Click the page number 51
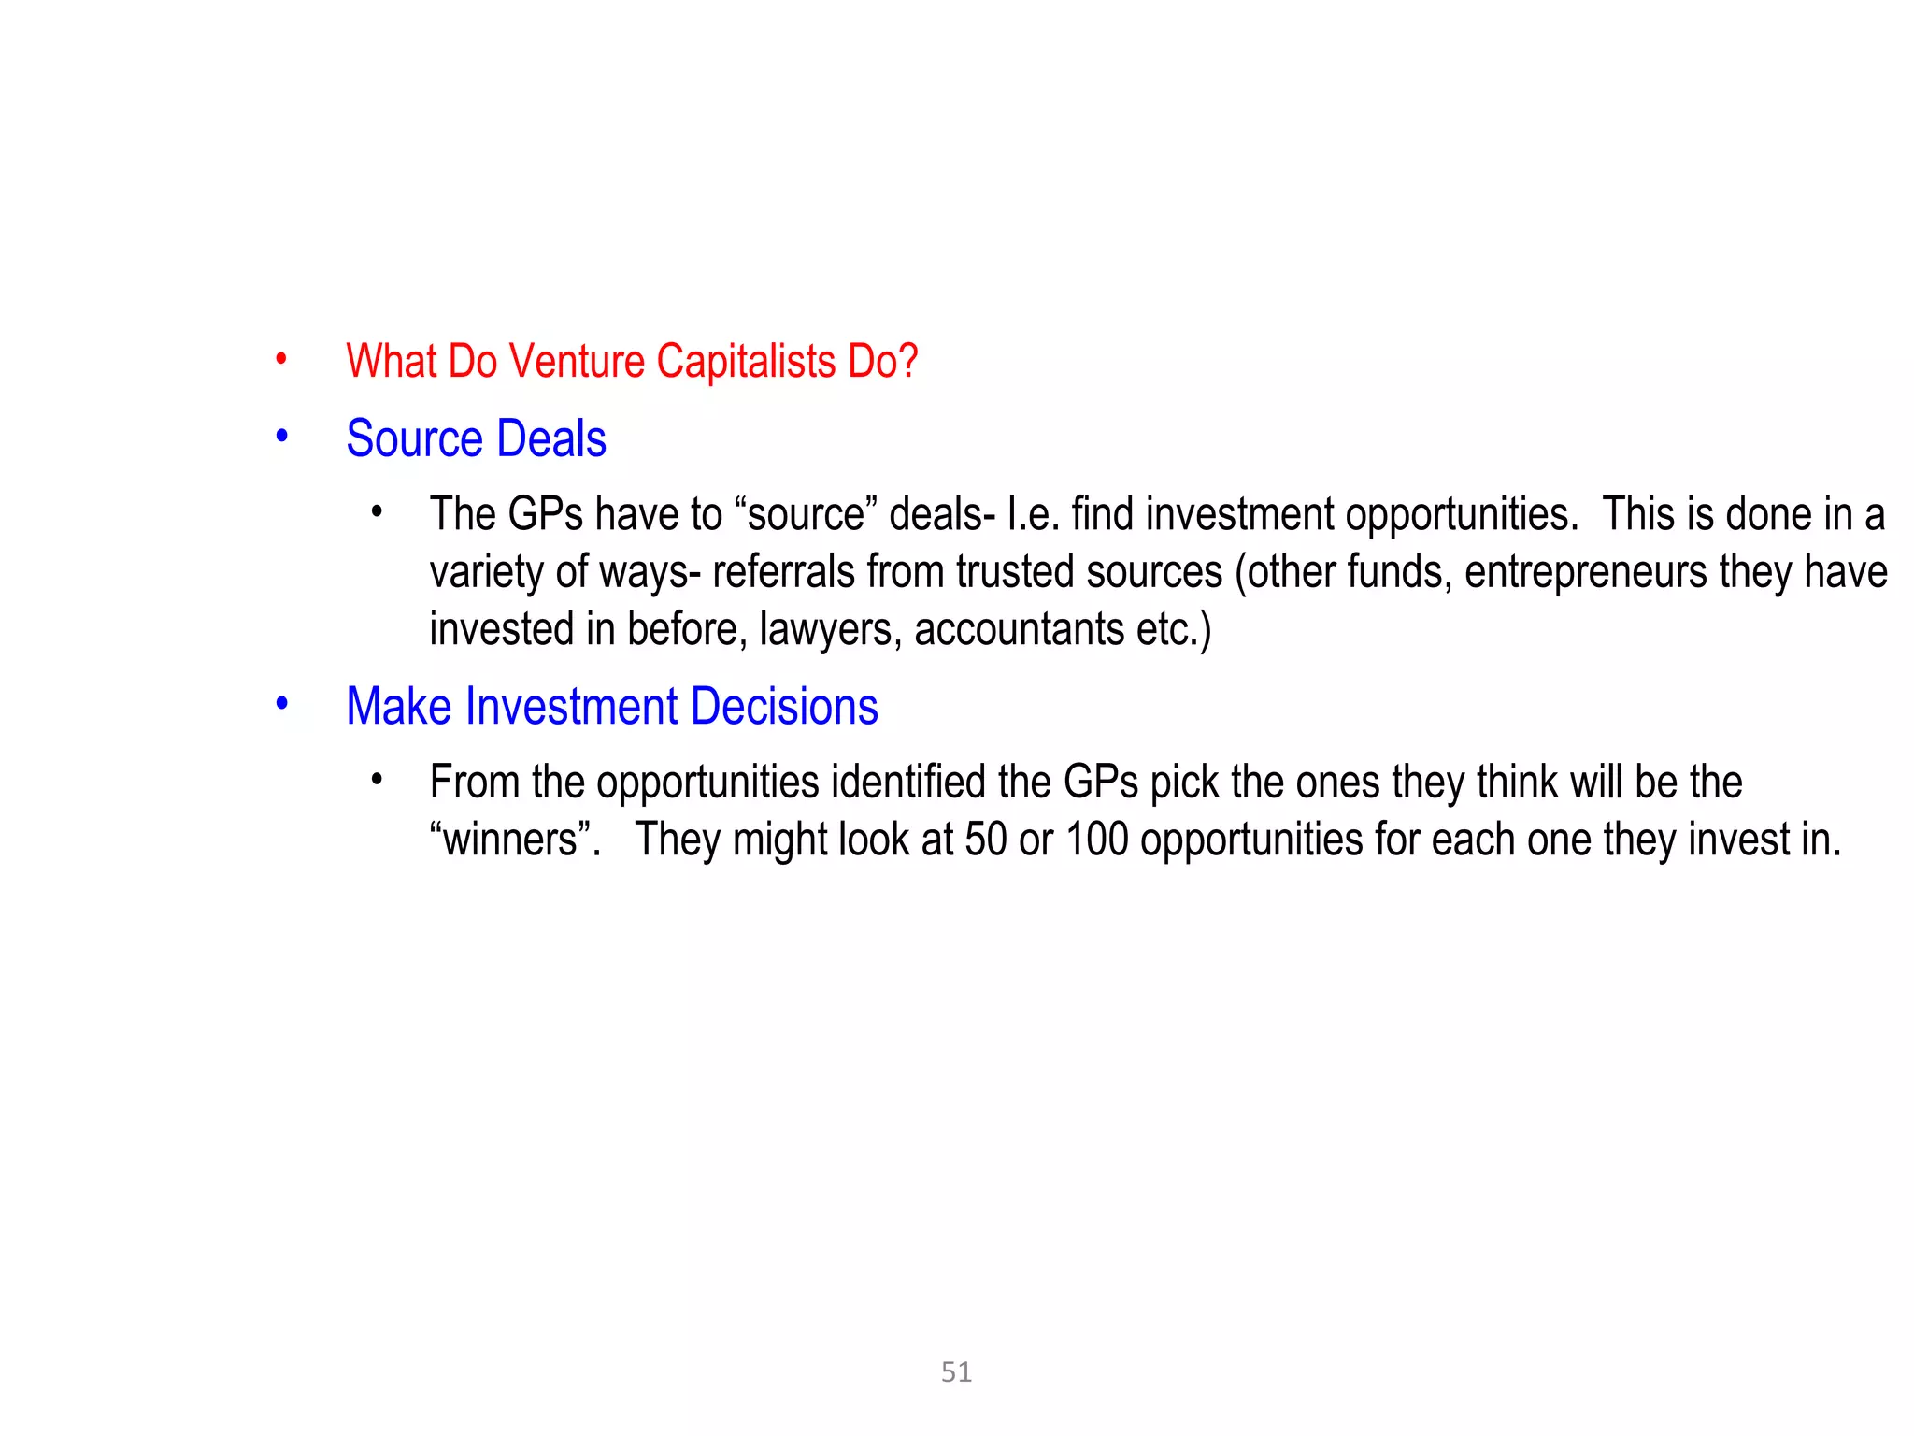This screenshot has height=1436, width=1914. [x=956, y=1371]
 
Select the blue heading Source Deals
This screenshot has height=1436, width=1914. [x=476, y=438]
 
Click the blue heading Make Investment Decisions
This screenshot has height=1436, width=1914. [x=612, y=706]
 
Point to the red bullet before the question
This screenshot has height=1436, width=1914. [x=281, y=359]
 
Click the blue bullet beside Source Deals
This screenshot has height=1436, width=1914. [x=281, y=436]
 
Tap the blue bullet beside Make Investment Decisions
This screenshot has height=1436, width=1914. [x=281, y=703]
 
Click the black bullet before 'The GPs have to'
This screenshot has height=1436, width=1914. [x=377, y=511]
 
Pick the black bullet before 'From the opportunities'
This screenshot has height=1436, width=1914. [x=377, y=779]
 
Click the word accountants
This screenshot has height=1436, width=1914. [x=1019, y=629]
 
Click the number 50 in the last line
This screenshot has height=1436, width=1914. [x=985, y=840]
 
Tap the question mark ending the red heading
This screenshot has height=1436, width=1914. [x=907, y=362]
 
